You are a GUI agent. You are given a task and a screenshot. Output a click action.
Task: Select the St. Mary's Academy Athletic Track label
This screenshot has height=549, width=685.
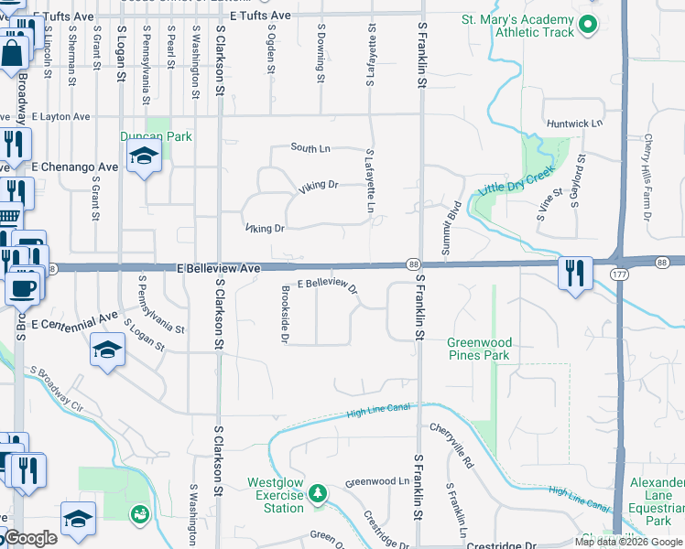click(x=518, y=25)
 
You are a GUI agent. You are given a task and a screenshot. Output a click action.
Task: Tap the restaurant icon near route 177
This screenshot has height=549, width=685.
click(x=575, y=274)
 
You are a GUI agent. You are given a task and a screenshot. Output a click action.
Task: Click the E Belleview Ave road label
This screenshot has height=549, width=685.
click(x=219, y=268)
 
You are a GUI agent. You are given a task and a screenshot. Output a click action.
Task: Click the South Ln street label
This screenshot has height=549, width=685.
click(x=310, y=147)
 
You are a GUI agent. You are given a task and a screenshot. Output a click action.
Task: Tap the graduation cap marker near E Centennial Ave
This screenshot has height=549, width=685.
click(x=108, y=350)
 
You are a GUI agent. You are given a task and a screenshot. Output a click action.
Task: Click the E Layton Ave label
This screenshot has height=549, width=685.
click(x=61, y=117)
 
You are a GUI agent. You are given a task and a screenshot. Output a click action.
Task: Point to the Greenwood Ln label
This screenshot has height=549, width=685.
click(x=377, y=481)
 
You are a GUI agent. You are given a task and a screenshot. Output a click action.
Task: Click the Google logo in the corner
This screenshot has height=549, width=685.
click(x=30, y=539)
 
